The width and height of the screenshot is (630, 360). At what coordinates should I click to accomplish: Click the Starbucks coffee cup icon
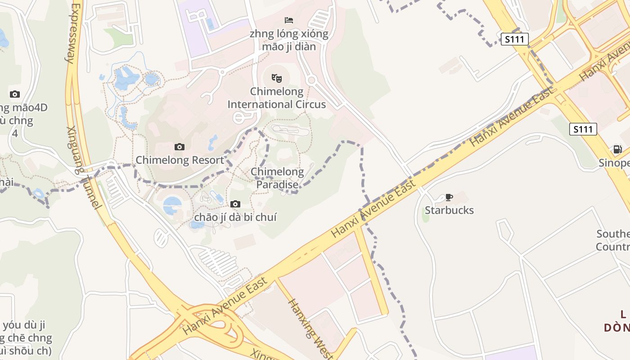pyautogui.click(x=449, y=197)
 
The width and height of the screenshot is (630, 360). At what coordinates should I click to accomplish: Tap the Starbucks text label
pyautogui.click(x=449, y=210)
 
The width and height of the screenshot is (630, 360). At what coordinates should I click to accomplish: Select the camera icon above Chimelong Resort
pyautogui.click(x=180, y=147)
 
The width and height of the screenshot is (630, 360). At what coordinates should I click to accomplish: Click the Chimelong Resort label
pyautogui.click(x=180, y=160)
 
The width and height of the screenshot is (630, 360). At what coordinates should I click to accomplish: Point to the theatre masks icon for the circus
pyautogui.click(x=276, y=79)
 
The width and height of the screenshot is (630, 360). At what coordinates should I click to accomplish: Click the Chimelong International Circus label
pyautogui.click(x=276, y=98)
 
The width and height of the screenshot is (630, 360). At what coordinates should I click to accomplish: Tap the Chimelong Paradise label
pyautogui.click(x=277, y=178)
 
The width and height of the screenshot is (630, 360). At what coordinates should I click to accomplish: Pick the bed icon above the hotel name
pyautogui.click(x=289, y=20)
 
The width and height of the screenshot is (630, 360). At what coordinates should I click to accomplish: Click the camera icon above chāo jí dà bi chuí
pyautogui.click(x=235, y=204)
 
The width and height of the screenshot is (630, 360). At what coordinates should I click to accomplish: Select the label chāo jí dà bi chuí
pyautogui.click(x=235, y=217)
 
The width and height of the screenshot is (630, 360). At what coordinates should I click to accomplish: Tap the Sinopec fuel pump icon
pyautogui.click(x=617, y=149)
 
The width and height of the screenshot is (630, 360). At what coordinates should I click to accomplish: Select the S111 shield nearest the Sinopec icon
pyautogui.click(x=583, y=130)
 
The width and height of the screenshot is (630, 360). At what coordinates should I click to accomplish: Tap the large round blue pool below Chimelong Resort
pyautogui.click(x=172, y=206)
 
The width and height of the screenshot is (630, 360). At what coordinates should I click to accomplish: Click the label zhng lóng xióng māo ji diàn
pyautogui.click(x=289, y=40)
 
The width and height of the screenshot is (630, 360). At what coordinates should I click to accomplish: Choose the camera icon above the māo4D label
pyautogui.click(x=15, y=94)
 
